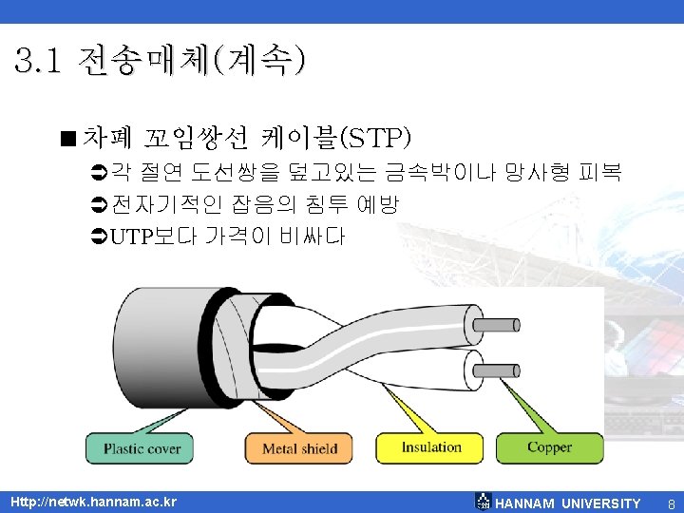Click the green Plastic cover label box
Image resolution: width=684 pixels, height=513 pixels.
142,448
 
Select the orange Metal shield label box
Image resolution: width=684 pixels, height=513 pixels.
299,448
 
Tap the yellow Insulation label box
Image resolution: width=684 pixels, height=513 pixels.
431,447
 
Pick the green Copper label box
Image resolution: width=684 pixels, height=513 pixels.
549,447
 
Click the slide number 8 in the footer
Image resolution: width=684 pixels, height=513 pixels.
671,503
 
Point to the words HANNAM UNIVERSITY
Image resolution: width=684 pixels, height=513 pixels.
568,503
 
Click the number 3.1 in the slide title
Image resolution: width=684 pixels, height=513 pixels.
39,63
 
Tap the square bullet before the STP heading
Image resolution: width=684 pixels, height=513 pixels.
69,139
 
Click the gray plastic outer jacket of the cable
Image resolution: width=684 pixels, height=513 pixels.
152,351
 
